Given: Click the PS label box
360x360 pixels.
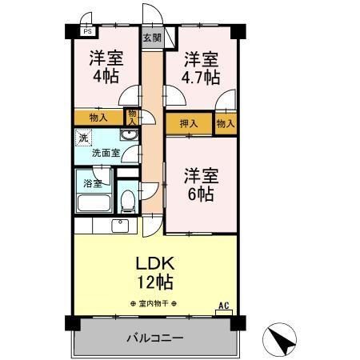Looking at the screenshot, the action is (x=87, y=31).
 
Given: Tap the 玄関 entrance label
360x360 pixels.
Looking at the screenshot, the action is (x=152, y=38).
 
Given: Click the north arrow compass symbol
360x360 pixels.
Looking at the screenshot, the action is (x=279, y=339).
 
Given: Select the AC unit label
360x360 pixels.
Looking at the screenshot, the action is (x=224, y=306).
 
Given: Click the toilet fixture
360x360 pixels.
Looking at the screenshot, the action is (x=127, y=202).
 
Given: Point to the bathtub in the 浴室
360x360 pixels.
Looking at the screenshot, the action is (x=94, y=203).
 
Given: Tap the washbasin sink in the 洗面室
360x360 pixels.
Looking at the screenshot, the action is (x=130, y=135).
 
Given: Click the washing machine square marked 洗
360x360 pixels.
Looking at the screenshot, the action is (x=83, y=138).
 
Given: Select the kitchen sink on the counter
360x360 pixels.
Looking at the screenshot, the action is (x=121, y=226).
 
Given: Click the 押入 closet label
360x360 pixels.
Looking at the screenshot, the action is (x=189, y=124).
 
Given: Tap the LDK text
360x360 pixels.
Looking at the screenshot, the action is (x=155, y=263).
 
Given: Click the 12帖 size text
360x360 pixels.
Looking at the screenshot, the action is (x=155, y=282).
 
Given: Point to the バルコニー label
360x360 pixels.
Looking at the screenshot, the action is (x=155, y=338).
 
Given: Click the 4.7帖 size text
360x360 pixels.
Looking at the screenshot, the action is (x=201, y=78).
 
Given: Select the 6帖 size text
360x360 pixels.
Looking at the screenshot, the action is (x=201, y=194).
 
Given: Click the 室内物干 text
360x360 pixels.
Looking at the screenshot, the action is (x=154, y=303).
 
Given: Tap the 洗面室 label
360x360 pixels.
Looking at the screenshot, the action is (x=106, y=153).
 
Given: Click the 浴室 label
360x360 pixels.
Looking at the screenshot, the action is (x=93, y=183).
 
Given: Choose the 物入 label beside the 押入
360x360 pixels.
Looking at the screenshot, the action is (x=226, y=124).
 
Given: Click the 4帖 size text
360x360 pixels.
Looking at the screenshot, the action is (x=106, y=77).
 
